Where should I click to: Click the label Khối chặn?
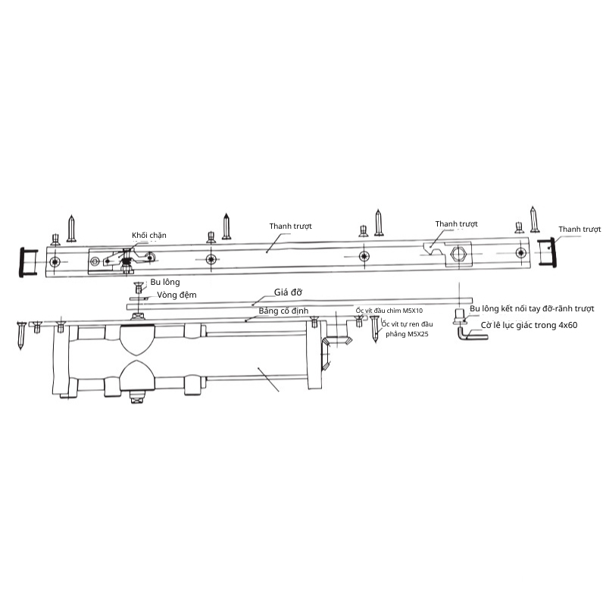click(x=148, y=236)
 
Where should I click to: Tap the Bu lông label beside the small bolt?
click(x=165, y=282)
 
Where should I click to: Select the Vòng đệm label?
click(x=176, y=295)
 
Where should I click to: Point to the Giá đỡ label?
click(x=288, y=292)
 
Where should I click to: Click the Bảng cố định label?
click(x=283, y=311)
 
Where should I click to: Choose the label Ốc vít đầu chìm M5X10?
click(x=389, y=311)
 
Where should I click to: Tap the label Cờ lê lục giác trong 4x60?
click(x=529, y=325)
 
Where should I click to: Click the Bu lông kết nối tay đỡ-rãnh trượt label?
click(x=532, y=309)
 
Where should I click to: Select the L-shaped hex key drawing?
click(x=472, y=333)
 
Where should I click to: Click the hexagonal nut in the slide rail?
click(x=458, y=254)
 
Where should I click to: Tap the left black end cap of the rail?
click(x=28, y=262)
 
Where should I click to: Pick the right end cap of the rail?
click(x=547, y=252)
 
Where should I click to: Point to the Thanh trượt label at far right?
click(x=579, y=230)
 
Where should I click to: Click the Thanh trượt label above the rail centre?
click(x=291, y=226)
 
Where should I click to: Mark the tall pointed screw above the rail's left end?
click(x=71, y=229)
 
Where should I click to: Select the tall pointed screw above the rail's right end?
click(x=534, y=220)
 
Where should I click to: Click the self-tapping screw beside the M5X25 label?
click(x=374, y=329)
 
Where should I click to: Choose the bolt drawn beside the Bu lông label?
click(x=139, y=288)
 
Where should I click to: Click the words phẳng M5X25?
click(x=407, y=334)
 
